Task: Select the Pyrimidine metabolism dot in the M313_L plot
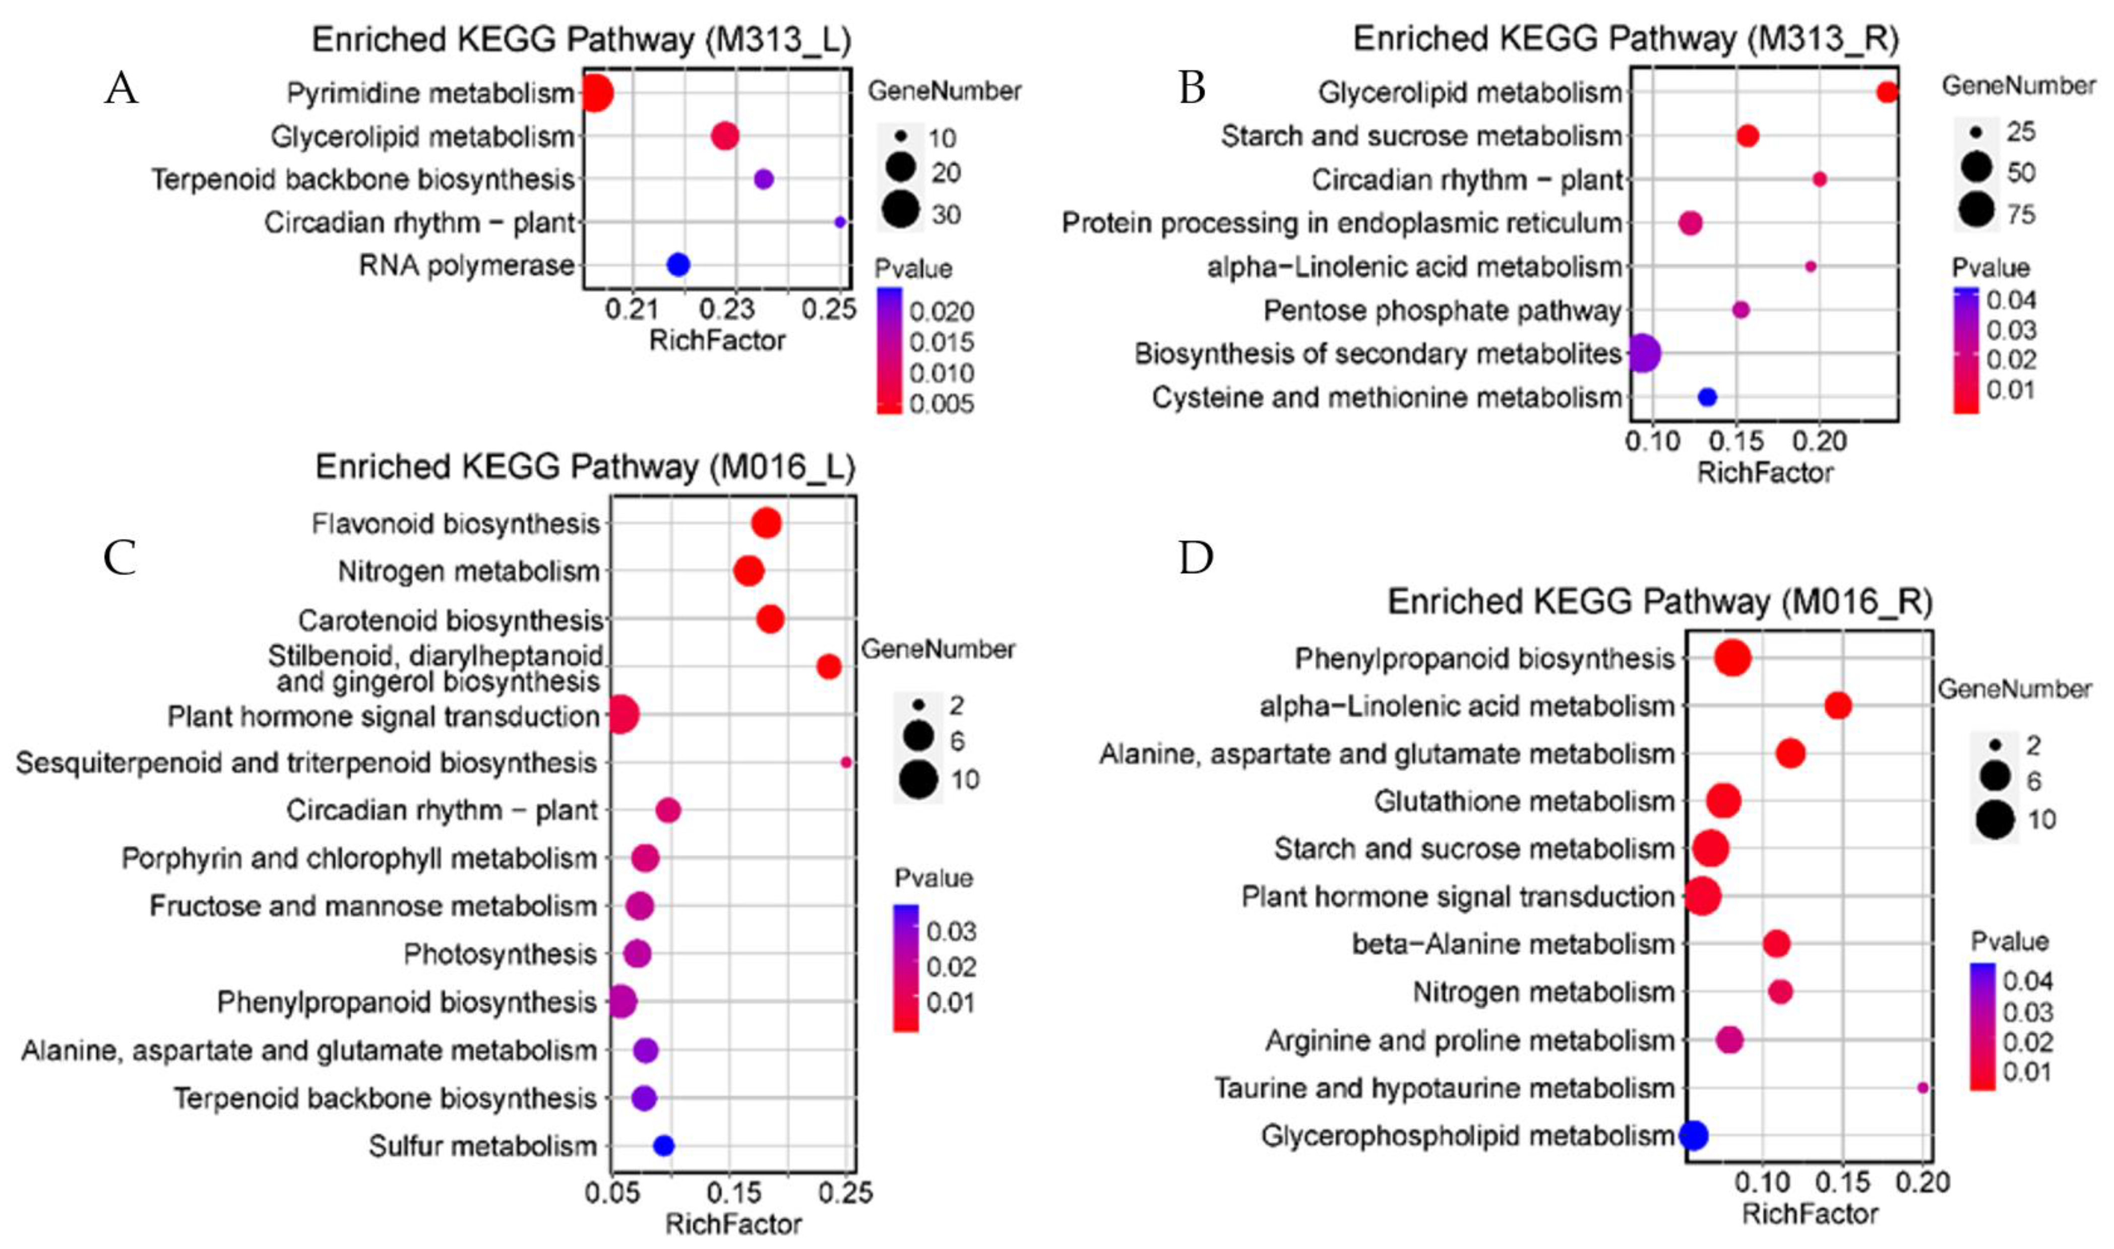pyautogui.click(x=596, y=93)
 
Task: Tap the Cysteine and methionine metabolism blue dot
pyautogui.click(x=1707, y=397)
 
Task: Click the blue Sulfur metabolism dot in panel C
pyautogui.click(x=663, y=1146)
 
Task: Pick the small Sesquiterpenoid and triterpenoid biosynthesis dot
pyautogui.click(x=846, y=763)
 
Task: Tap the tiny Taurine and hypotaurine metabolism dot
pyautogui.click(x=1922, y=1087)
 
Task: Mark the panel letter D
pyautogui.click(x=1196, y=557)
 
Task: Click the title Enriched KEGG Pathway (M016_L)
pyautogui.click(x=585, y=467)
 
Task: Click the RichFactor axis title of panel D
pyautogui.click(x=1810, y=1214)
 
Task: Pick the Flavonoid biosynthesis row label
pyautogui.click(x=455, y=524)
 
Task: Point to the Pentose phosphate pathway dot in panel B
pyautogui.click(x=1740, y=309)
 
